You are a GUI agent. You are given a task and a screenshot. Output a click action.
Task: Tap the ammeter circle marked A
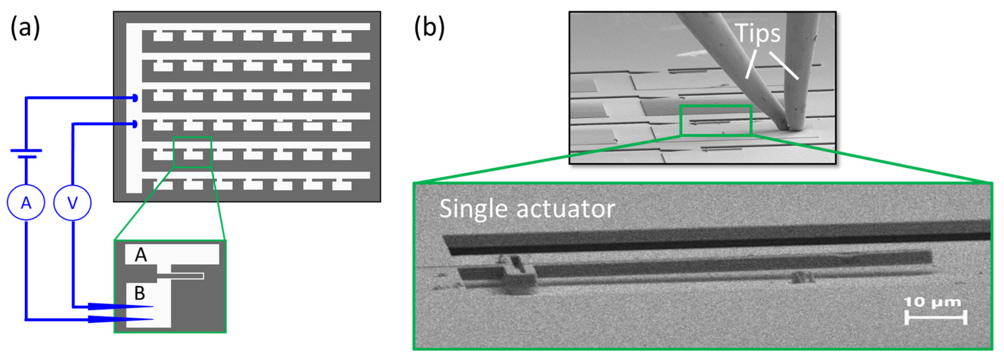(26, 203)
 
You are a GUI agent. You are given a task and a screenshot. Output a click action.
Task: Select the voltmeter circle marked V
(73, 203)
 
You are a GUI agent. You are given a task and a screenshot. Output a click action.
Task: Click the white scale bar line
(935, 317)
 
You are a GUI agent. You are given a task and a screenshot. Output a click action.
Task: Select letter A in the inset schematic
(141, 255)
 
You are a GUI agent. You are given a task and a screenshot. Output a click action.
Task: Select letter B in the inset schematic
(140, 293)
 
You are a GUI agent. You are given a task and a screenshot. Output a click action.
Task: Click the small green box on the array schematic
(192, 152)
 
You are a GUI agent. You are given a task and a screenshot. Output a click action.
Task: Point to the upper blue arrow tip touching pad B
(150, 307)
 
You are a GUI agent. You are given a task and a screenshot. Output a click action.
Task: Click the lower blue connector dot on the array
(135, 124)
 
